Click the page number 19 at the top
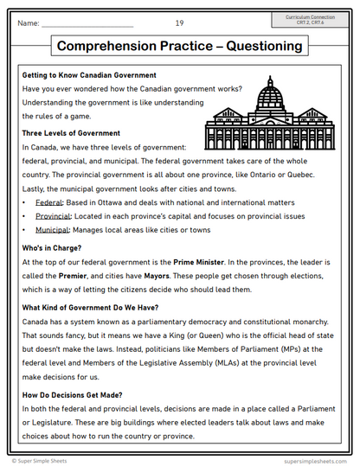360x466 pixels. tap(179, 22)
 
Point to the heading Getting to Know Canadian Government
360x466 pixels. tap(89, 76)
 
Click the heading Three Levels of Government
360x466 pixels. tap(71, 133)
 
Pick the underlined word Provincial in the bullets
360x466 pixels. tap(53, 215)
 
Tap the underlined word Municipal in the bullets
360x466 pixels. tap(52, 230)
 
